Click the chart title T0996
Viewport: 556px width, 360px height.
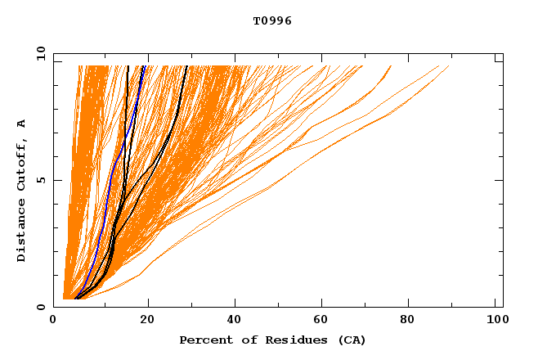point(272,20)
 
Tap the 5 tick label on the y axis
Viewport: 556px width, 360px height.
point(39,180)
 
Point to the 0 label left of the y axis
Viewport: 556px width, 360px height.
point(39,307)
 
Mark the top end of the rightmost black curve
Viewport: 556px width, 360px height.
point(186,66)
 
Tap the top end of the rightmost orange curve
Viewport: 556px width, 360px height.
point(449,66)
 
